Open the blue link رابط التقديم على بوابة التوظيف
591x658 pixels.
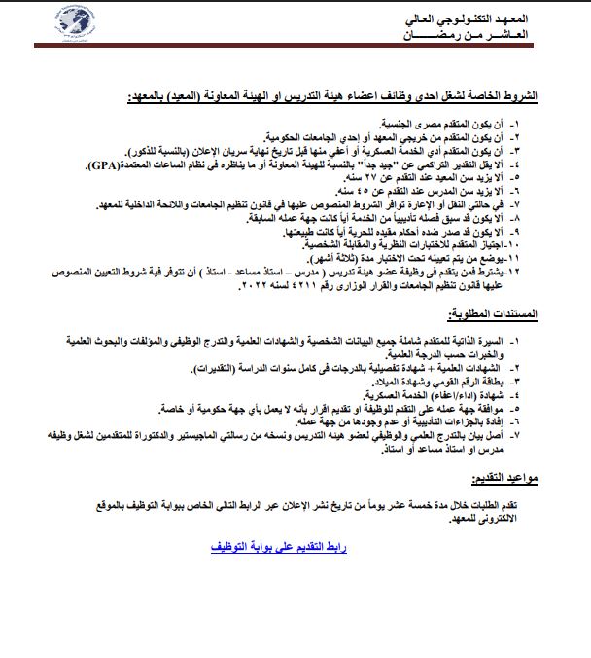click(x=278, y=548)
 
